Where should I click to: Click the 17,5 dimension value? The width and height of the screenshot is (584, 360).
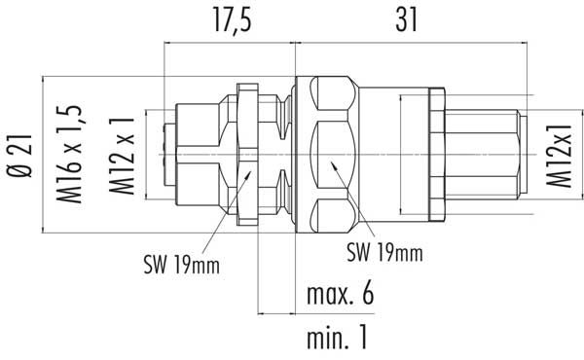click(233, 20)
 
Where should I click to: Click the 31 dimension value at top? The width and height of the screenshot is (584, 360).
click(406, 20)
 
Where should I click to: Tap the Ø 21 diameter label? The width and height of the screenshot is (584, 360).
click(19, 156)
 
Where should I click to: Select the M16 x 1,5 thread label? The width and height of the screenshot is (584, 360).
click(69, 154)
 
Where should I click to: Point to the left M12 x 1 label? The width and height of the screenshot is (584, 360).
click(122, 156)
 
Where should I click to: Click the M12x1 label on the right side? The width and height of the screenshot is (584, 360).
click(559, 156)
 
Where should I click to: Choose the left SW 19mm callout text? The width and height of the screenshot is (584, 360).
click(182, 265)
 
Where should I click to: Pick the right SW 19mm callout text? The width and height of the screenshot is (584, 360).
click(384, 252)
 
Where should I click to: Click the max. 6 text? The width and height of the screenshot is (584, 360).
click(340, 294)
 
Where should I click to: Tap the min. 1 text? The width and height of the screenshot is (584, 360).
click(337, 338)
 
